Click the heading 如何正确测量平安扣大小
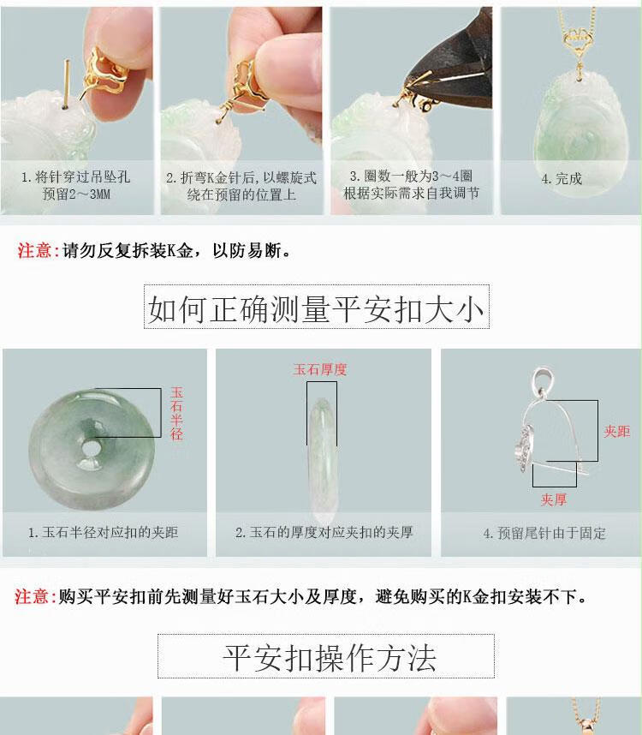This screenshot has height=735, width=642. [x=316, y=309]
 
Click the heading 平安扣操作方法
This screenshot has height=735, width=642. [x=330, y=658]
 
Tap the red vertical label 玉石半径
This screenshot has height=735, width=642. [x=176, y=414]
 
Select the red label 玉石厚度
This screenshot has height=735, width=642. [x=320, y=369]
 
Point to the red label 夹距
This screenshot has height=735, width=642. [x=616, y=431]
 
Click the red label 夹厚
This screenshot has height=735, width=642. [x=554, y=499]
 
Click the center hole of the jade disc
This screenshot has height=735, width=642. [x=91, y=449]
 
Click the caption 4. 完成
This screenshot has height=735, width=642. [x=562, y=178]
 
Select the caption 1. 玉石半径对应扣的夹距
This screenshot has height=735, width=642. [x=103, y=532]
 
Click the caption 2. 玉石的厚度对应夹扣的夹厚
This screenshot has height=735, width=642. [x=324, y=532]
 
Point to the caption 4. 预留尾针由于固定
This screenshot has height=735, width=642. [x=544, y=533]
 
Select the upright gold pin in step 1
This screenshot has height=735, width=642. [x=67, y=83]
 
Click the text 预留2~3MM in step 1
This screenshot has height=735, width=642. [x=76, y=194]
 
